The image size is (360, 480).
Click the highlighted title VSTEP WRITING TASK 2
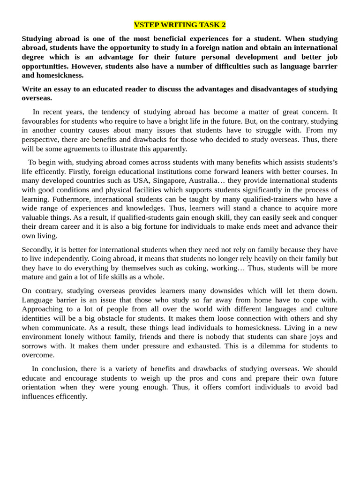(180, 25)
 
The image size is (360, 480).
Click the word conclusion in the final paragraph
(67, 369)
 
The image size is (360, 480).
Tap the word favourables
(41, 121)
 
